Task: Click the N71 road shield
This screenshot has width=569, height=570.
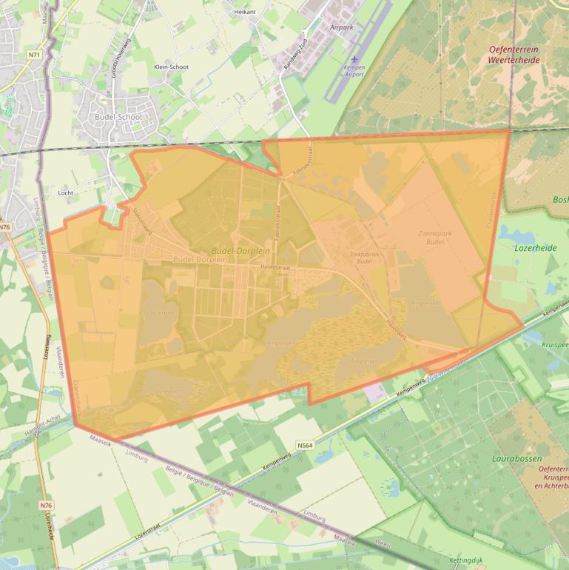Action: click(34, 55)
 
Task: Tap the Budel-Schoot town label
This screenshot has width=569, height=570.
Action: click(118, 117)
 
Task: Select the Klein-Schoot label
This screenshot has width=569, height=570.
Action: click(171, 67)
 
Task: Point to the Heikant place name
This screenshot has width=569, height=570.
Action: click(244, 13)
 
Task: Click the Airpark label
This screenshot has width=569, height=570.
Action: click(342, 27)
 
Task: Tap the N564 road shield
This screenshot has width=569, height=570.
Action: click(304, 445)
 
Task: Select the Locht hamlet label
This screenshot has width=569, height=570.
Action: click(66, 192)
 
